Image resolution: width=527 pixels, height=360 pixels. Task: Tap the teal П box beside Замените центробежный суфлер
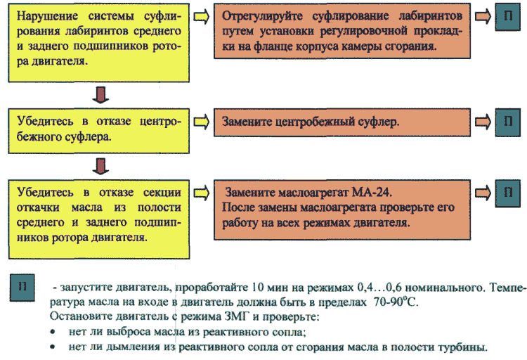coord(508,122)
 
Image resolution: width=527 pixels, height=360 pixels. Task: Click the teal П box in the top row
coord(508,17)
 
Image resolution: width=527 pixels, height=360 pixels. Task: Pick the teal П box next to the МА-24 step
coord(508,193)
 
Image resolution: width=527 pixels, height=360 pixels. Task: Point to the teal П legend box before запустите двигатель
coord(22,288)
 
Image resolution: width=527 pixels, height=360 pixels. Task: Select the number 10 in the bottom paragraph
coord(257,287)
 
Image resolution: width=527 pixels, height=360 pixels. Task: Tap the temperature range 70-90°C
coord(396,302)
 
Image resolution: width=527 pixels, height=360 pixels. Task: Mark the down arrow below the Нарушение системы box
coord(100,95)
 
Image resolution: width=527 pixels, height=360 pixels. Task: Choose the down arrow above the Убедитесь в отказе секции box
coord(100,167)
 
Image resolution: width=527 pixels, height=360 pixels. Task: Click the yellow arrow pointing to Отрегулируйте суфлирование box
coord(202,17)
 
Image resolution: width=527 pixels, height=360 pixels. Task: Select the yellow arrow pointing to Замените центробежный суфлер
coord(202,122)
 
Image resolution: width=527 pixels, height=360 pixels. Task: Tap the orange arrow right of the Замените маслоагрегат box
coord(483,193)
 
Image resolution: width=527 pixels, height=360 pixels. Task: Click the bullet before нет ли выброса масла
coord(53,332)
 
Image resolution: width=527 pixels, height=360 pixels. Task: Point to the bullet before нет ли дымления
coord(53,347)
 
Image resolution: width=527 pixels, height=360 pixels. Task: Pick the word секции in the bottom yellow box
coord(162,193)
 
